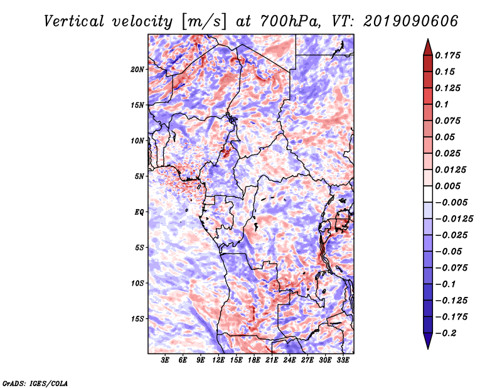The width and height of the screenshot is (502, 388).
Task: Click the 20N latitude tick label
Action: point(137,69)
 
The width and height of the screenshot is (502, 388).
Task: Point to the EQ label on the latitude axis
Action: point(139,212)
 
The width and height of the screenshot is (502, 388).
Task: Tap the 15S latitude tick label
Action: point(137,319)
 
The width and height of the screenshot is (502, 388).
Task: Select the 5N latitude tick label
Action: point(139,176)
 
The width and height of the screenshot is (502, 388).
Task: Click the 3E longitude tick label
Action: point(165,361)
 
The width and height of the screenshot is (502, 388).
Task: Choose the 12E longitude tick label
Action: point(219,361)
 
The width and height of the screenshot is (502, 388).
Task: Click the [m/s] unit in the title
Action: point(200,21)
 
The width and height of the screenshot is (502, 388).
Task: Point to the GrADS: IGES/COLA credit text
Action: point(35,382)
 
